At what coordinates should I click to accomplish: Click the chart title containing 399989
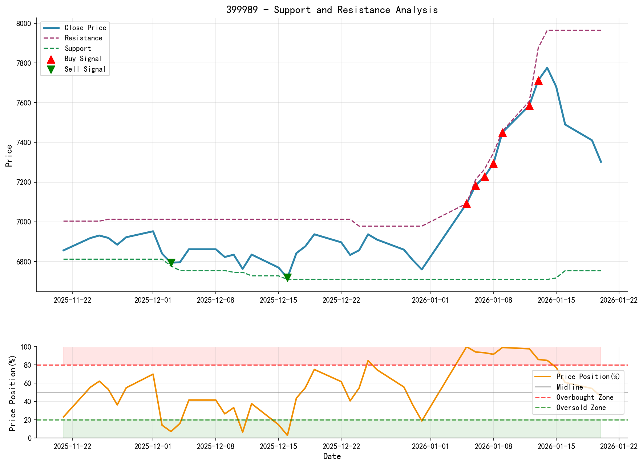pos(332,10)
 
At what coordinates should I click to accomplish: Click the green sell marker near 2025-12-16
pos(287,278)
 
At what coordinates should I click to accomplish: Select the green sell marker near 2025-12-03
pos(171,263)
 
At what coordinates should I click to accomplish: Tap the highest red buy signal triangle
pos(538,81)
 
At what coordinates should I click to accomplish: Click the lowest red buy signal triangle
pos(467,204)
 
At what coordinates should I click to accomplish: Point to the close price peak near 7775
pos(547,68)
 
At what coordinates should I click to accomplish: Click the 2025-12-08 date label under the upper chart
pos(216,300)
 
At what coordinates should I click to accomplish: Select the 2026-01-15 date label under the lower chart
pos(556,447)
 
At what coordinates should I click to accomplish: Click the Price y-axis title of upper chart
pos(9,156)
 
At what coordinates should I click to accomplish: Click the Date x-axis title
pos(332,457)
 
